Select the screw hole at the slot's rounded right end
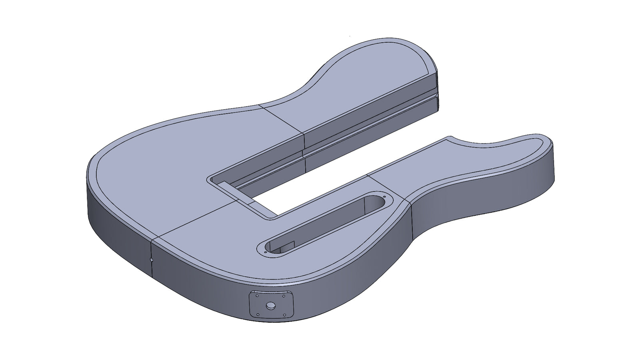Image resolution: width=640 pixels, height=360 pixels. (x=384, y=197)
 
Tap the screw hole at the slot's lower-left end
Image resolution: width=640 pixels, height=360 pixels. (x=266, y=252)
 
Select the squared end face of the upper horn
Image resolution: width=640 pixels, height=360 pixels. (x=438, y=90)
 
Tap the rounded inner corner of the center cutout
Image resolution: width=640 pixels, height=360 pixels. (x=272, y=218)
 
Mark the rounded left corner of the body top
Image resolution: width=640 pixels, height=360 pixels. (x=96, y=164)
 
